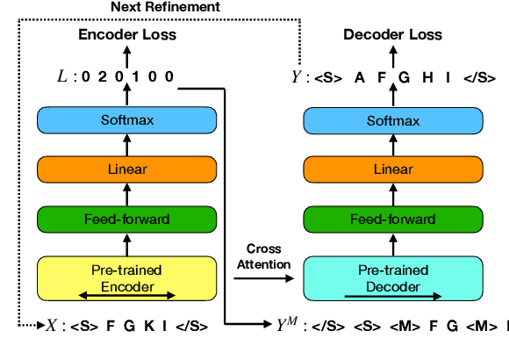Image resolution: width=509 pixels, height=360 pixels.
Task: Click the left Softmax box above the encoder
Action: click(x=124, y=122)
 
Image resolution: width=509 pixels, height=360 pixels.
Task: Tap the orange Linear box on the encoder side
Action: click(x=124, y=169)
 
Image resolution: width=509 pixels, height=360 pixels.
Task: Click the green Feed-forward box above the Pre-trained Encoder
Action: click(x=124, y=218)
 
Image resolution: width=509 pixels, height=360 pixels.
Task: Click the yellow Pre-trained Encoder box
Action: click(x=124, y=277)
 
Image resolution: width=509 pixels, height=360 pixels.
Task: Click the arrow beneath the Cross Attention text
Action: click(x=262, y=278)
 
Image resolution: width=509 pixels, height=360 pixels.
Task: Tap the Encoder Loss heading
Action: click(x=124, y=35)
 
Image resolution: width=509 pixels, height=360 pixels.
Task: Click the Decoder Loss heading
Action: click(x=391, y=35)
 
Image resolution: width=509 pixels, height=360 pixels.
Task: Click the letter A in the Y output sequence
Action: click(x=359, y=77)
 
